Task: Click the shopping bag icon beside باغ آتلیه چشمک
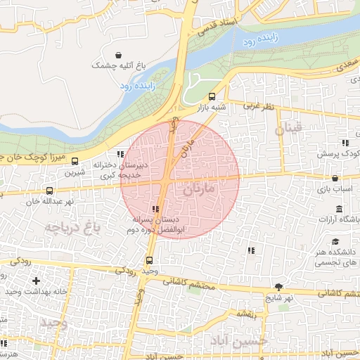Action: pos(117,55)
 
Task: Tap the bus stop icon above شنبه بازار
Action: pos(212,97)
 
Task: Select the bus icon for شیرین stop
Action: pos(75,161)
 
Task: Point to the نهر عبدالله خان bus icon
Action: pos(49,191)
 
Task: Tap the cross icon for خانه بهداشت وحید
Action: pos(36,281)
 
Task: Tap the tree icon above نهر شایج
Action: pos(278,287)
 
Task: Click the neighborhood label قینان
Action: pos(288,129)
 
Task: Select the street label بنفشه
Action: pos(245,314)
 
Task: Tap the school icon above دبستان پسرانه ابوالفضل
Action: pos(155,209)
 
